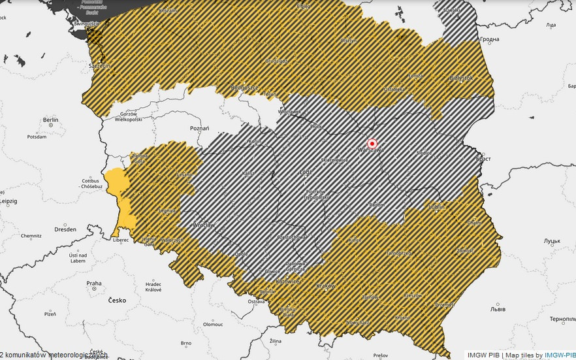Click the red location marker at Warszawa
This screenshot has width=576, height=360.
[372, 143]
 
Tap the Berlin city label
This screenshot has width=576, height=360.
[50, 120]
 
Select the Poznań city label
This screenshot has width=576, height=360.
[199, 129]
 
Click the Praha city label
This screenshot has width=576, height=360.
[94, 284]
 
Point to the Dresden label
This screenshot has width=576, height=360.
[65, 229]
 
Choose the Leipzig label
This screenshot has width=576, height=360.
[8, 202]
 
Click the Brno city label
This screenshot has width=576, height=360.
[186, 342]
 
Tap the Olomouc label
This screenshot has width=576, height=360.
[213, 324]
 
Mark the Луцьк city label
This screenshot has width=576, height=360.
[552, 240]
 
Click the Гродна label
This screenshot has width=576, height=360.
[489, 40]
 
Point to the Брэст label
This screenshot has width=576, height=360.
[484, 159]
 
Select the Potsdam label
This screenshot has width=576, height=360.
[37, 137]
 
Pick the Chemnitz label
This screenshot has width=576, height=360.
[31, 236]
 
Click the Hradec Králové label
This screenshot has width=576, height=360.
[153, 287]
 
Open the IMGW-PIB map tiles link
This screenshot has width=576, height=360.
[560, 355]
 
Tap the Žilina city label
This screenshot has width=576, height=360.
[275, 341]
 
